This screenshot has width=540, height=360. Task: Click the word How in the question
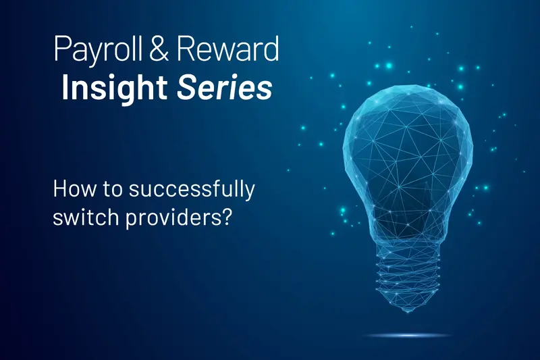coord(70,190)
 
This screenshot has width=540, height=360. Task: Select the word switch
coord(81,219)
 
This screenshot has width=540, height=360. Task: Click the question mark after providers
coord(227,219)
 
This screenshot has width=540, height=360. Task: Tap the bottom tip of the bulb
coord(406,310)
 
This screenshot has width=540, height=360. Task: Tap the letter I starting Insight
coord(65,87)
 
